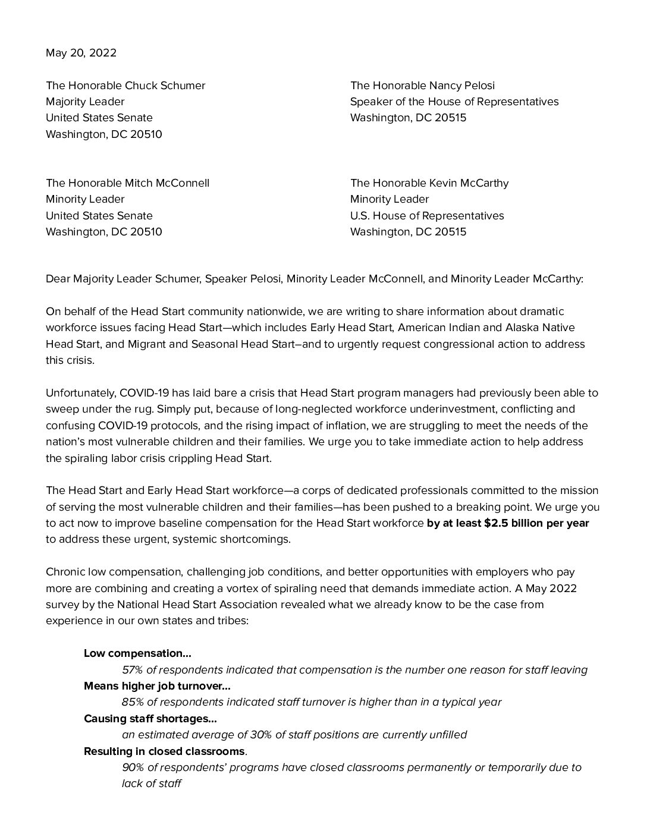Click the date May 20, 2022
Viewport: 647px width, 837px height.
81,53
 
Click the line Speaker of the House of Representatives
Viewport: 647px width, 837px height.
454,102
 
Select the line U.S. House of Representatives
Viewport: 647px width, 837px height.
427,216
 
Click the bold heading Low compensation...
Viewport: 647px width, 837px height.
137,653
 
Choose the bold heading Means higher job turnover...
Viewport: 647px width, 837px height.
157,686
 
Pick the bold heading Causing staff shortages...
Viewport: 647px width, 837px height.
150,719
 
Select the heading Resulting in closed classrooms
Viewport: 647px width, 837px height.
164,751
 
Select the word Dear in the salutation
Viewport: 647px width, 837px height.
58,279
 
